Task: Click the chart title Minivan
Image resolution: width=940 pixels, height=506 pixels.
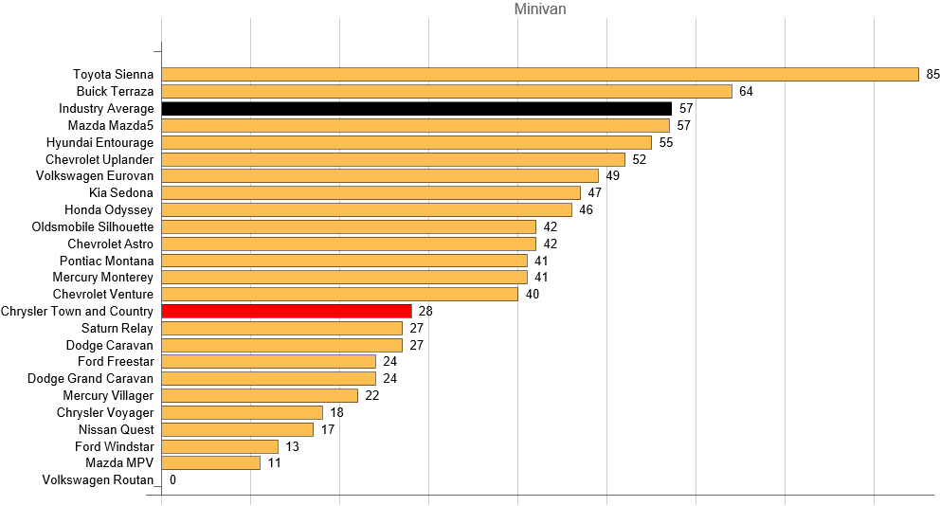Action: [x=540, y=9]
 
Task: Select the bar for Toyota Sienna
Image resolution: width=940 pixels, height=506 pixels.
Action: [x=540, y=75]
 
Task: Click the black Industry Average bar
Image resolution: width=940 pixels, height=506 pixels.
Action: [x=416, y=109]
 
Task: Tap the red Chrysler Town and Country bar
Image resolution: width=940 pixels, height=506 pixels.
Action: [x=286, y=311]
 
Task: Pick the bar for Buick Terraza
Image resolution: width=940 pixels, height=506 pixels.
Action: [x=446, y=92]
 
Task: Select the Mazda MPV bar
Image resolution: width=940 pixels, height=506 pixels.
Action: [x=210, y=463]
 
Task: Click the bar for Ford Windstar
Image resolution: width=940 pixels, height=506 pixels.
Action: [x=220, y=446]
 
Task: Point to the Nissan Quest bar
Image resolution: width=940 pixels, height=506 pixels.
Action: [x=237, y=429]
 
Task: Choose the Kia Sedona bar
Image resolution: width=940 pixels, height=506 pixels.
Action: [x=371, y=193]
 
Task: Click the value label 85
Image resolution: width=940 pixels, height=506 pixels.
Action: [x=932, y=75]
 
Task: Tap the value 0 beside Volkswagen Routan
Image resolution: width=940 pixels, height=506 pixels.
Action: [x=172, y=480]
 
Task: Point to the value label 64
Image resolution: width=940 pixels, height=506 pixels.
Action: [x=746, y=92]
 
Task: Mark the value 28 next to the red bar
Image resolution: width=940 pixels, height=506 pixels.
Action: [x=425, y=311]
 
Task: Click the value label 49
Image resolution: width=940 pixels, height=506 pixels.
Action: [x=612, y=176]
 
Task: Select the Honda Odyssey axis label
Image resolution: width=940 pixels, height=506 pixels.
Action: [x=108, y=209]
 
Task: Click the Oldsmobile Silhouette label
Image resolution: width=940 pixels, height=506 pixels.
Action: [x=92, y=226]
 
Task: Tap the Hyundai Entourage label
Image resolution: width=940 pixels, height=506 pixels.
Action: [x=99, y=142]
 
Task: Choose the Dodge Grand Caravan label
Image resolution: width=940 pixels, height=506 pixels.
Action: [x=90, y=378]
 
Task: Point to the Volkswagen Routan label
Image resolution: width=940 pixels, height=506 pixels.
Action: [x=98, y=480]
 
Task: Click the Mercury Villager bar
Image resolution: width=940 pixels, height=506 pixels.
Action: [x=260, y=395]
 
